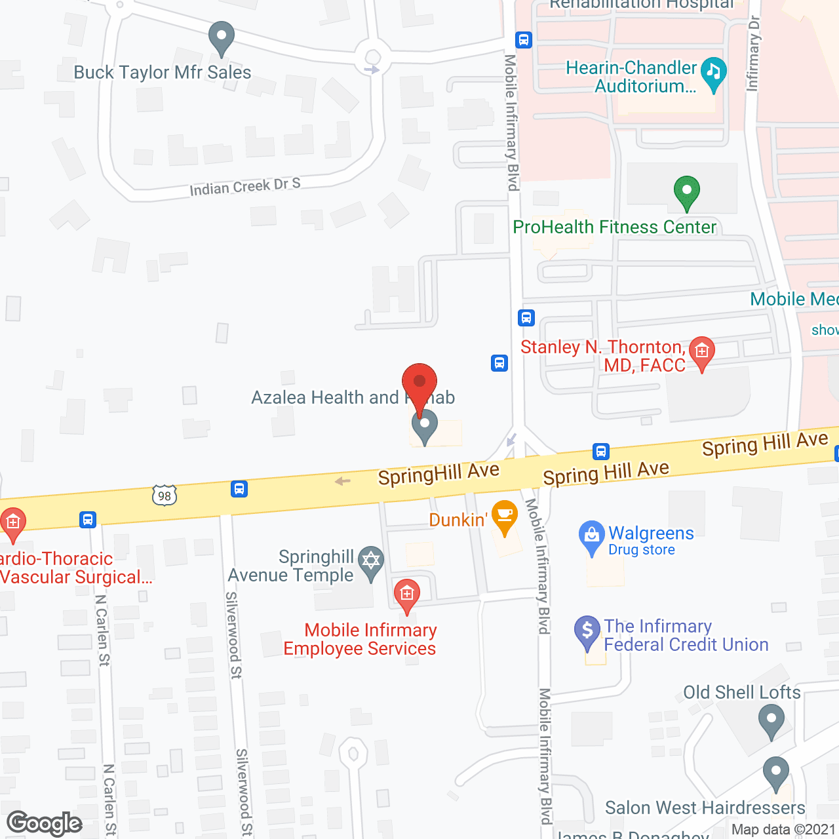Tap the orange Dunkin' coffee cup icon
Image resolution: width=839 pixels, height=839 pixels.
(x=504, y=517)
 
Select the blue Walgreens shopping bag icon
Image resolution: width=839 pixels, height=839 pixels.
(x=591, y=536)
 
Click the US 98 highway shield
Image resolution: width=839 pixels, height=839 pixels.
(x=164, y=496)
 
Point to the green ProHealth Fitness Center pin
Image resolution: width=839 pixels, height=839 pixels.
(x=686, y=192)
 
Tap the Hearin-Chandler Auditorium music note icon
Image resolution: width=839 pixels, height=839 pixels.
(x=713, y=73)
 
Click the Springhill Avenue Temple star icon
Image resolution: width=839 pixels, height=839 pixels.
(x=371, y=562)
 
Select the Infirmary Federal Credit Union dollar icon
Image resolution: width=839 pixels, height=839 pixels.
(x=587, y=631)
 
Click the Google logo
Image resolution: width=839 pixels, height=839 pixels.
(x=45, y=823)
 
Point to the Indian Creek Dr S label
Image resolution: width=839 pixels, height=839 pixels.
(x=244, y=187)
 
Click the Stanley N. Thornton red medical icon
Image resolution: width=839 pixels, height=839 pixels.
(x=702, y=352)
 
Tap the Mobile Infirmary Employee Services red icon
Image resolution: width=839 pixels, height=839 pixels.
(x=406, y=594)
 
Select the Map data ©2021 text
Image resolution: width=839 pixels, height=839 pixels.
(x=783, y=830)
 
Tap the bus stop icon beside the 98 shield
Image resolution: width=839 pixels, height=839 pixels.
(x=239, y=489)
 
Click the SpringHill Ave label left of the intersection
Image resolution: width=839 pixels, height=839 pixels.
(x=439, y=473)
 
